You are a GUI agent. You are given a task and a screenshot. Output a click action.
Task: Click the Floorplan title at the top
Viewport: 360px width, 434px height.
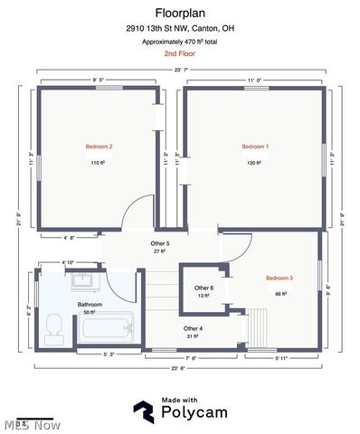pos(180,14)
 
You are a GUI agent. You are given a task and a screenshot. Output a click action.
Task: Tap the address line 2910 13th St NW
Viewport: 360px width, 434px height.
pos(180,29)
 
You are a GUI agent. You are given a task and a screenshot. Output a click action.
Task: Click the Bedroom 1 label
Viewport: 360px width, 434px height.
pos(255,146)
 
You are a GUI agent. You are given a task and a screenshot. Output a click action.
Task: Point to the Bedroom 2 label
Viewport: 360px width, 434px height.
pos(99,146)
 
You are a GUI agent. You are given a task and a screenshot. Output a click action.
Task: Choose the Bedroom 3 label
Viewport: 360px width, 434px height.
pos(279,278)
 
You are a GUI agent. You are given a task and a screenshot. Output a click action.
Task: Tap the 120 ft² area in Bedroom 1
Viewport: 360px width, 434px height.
pos(255,163)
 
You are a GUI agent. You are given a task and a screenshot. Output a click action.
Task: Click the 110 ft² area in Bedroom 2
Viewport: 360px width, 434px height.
pos(99,163)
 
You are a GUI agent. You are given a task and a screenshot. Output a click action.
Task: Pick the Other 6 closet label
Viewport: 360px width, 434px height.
pos(204,288)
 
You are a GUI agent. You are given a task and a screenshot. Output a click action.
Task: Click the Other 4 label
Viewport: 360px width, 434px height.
pos(193,328)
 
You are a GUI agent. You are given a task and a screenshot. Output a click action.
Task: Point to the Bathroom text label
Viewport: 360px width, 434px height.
pos(89,305)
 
